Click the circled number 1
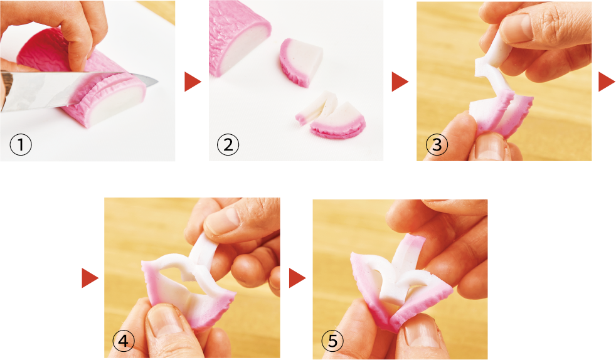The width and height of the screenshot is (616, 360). tap(21, 144)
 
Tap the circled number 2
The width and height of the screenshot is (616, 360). tap(228, 144)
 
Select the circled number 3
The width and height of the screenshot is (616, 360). tap(437, 144)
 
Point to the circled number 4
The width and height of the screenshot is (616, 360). tap(124, 341)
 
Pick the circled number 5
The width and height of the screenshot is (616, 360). tap(332, 341)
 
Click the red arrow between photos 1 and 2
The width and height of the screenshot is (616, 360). tap(193, 82)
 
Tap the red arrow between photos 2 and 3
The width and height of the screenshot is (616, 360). tap(400, 82)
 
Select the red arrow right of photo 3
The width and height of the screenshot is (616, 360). tap(607, 82)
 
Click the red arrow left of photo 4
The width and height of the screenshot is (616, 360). tap(90, 278)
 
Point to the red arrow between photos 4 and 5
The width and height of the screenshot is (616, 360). tap(297, 278)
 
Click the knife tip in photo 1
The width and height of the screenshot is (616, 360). tap(157, 82)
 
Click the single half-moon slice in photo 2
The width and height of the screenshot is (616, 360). tap(301, 62)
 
